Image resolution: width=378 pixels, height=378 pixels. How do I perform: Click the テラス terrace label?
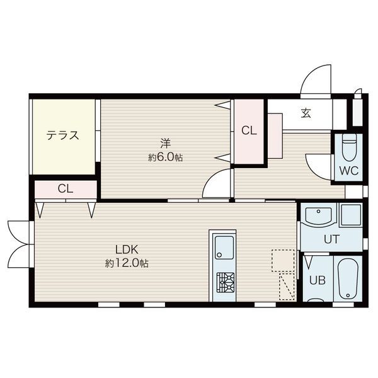tap(62, 135)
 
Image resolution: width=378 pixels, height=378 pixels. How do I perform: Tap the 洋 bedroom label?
tap(166, 144)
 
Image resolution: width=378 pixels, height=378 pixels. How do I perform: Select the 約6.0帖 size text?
tap(165, 157)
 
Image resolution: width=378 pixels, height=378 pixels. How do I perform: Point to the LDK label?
tap(127, 249)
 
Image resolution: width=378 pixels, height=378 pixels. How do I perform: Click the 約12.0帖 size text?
tap(127, 263)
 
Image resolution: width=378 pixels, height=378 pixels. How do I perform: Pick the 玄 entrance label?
tap(306, 113)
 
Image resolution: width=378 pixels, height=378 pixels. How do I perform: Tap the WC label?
tap(349, 171)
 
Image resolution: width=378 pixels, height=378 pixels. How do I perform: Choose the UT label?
tap(332, 239)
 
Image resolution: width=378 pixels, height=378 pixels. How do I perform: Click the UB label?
tap(318, 280)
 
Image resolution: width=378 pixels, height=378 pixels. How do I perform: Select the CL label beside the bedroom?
tap(249, 130)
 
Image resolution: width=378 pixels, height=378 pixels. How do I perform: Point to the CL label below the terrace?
tap(66, 188)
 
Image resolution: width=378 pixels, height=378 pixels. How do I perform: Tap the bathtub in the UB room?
tap(347, 279)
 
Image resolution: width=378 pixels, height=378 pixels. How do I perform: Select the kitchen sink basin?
tap(224, 248)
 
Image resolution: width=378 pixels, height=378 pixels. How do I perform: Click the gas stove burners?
tap(225, 282)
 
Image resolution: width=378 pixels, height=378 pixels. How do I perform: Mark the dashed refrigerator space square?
tap(283, 261)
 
